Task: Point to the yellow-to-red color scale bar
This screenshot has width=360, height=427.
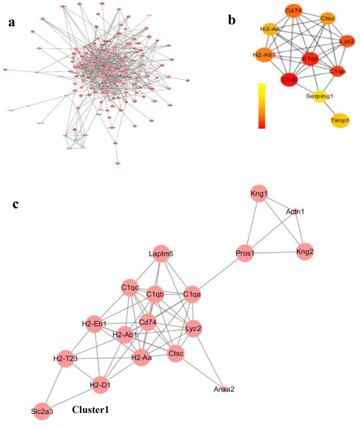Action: pyautogui.click(x=262, y=105)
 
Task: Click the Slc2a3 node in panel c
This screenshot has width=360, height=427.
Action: pyautogui.click(x=42, y=412)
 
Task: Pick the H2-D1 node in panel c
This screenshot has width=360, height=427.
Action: pyautogui.click(x=102, y=385)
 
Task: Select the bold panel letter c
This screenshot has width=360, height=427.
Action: pyautogui.click(x=16, y=205)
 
